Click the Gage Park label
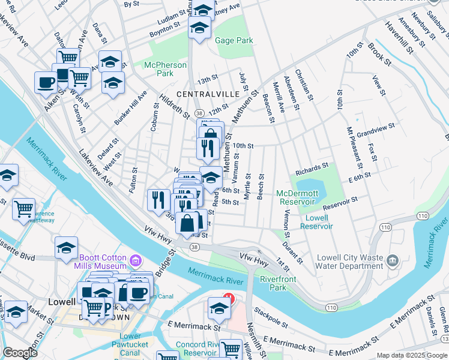coord(234,40)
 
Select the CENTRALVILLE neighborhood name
coord(205,95)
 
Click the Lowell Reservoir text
coord(317,222)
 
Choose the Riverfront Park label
coord(273,283)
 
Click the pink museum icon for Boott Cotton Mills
coord(135,260)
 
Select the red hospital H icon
coord(228,296)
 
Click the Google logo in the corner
coord(20,353)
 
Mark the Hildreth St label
coord(175,106)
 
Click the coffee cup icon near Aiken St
coord(46,83)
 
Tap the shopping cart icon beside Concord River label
coord(231,349)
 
